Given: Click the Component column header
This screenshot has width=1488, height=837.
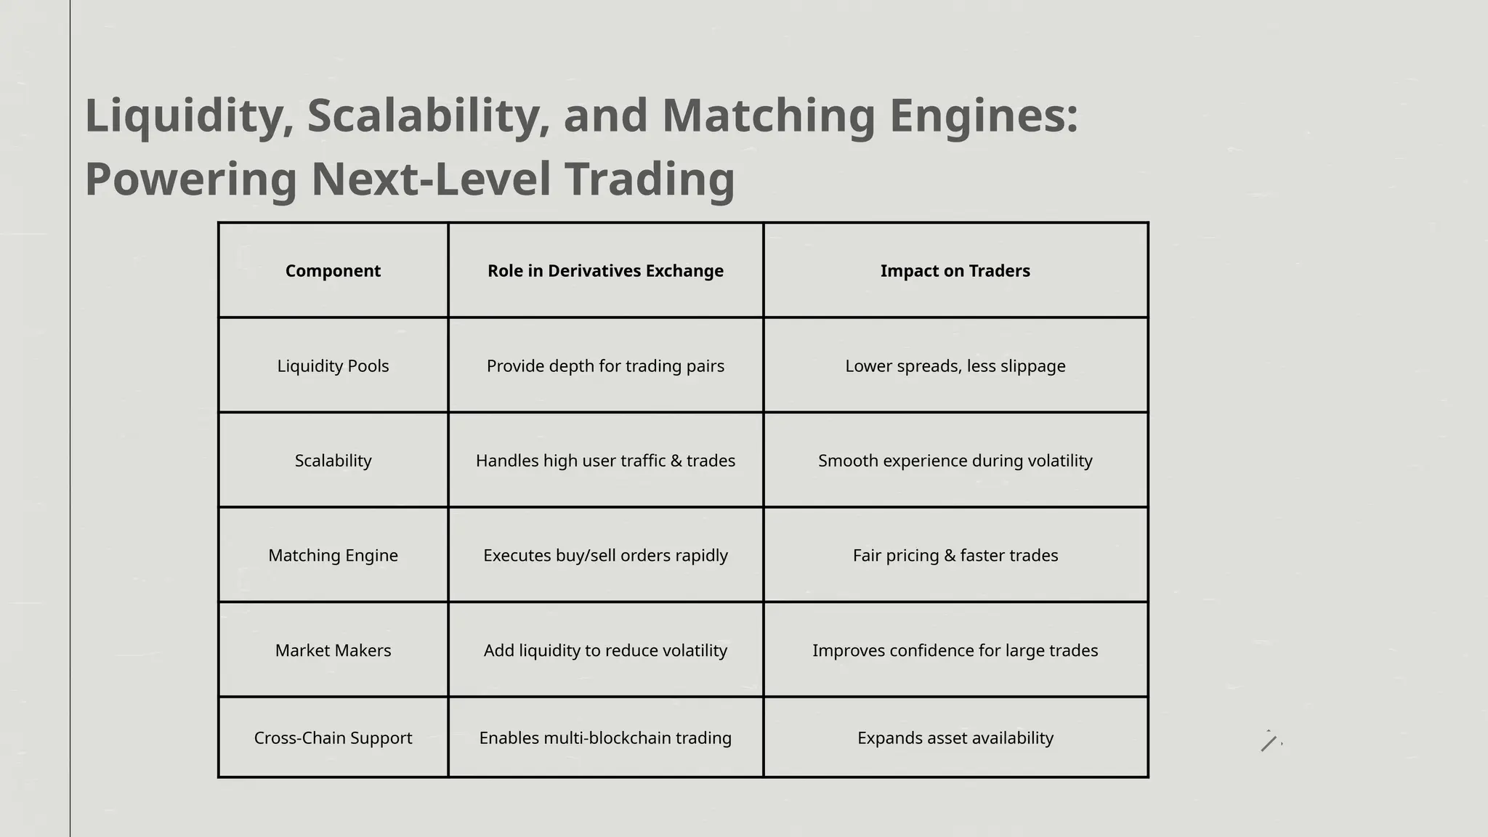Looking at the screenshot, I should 333,271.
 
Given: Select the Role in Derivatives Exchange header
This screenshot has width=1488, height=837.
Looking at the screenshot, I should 605,271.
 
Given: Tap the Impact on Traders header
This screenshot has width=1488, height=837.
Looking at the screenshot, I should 955,271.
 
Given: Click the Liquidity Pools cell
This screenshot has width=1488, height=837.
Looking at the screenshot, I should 333,366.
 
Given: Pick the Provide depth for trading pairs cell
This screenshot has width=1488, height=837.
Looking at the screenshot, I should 605,366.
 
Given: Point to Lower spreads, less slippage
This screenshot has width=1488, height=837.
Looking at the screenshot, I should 955,366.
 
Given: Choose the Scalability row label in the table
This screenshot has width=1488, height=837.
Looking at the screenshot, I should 333,461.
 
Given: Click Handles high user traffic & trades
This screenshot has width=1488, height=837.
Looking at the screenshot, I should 605,461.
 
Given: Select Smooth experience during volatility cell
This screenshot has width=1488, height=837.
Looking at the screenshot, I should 955,461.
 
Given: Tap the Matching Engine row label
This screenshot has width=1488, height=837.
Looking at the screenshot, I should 333,556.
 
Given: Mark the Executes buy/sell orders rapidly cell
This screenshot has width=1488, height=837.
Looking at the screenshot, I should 605,556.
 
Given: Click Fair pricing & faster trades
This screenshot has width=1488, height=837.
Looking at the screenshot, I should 955,556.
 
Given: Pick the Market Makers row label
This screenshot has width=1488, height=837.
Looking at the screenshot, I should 333,650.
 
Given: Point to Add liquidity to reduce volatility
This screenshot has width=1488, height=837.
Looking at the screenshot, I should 605,650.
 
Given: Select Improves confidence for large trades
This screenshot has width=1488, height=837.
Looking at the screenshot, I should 955,650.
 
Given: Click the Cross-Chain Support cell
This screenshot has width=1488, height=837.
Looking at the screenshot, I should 333,738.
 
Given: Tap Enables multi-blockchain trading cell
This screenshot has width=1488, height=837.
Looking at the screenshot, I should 605,738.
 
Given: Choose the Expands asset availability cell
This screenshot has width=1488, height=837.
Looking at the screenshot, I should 955,738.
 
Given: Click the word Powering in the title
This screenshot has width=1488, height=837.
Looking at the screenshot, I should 191,179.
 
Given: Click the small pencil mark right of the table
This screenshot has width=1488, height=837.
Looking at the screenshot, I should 1269,743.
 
